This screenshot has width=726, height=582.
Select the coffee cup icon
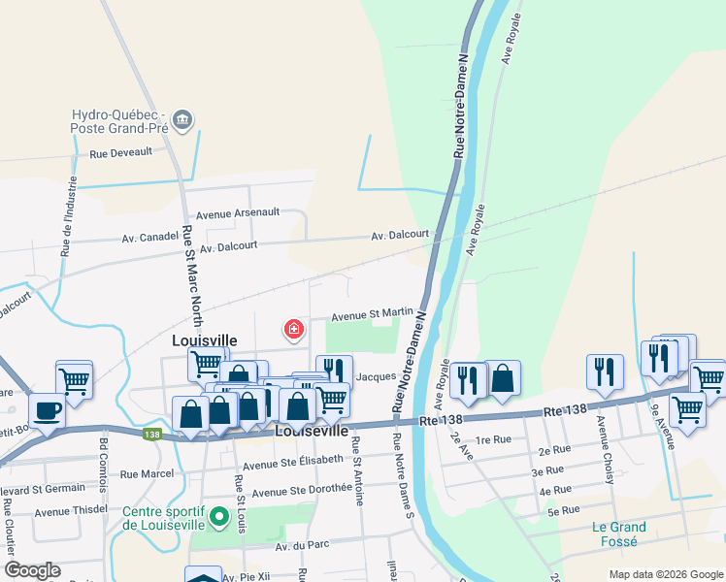click(x=47, y=410)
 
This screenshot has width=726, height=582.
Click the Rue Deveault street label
click(x=121, y=152)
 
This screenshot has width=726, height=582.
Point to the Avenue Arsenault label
click(x=238, y=213)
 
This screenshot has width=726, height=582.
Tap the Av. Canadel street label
click(x=149, y=236)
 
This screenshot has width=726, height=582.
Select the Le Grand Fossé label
click(x=619, y=535)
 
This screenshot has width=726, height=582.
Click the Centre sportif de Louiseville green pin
click(x=219, y=517)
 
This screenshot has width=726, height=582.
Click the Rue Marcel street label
click(x=146, y=473)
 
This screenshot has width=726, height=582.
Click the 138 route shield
click(x=150, y=436)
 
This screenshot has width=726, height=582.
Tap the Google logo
click(x=32, y=570)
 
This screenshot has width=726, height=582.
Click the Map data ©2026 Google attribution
click(x=665, y=574)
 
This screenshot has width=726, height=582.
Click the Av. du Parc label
click(x=302, y=546)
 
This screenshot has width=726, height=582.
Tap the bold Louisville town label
click(x=204, y=340)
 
